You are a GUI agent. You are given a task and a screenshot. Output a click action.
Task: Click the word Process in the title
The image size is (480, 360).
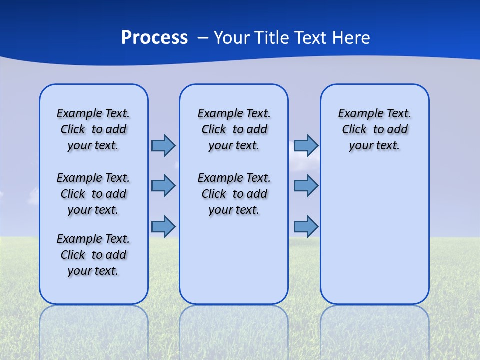pyautogui.click(x=154, y=38)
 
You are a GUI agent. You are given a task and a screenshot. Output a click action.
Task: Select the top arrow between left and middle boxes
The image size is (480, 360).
pyautogui.click(x=163, y=145)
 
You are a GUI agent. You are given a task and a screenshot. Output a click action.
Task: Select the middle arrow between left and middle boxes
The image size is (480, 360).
pyautogui.click(x=163, y=186)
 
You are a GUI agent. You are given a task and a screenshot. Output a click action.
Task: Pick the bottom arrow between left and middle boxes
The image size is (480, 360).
pyautogui.click(x=163, y=226)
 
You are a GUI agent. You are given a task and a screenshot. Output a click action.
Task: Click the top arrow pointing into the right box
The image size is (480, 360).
pyautogui.click(x=306, y=145)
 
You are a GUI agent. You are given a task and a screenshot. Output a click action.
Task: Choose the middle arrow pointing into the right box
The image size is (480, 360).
pyautogui.click(x=306, y=186)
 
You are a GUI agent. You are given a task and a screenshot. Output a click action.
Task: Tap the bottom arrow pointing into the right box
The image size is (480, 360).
pyautogui.click(x=306, y=226)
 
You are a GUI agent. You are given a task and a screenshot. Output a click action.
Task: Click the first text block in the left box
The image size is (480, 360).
pyautogui.click(x=93, y=129)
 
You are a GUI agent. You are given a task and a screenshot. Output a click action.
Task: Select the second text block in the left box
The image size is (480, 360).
pyautogui.click(x=93, y=194)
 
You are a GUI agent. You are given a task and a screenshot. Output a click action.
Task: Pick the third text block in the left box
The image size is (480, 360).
pyautogui.click(x=93, y=255)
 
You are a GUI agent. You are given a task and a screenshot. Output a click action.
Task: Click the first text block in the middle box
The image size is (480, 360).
pyautogui.click(x=234, y=129)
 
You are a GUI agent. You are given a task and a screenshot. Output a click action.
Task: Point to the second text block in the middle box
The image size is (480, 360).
pyautogui.click(x=234, y=194)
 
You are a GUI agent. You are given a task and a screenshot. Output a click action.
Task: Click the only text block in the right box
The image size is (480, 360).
pyautogui.click(x=374, y=129)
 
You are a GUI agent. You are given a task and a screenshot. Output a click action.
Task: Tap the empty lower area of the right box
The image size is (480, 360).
pyautogui.click(x=374, y=235)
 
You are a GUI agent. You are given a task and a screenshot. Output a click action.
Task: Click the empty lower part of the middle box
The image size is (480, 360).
pyautogui.click(x=234, y=260)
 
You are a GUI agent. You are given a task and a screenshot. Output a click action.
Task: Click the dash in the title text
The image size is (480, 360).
pyautogui.click(x=203, y=38)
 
